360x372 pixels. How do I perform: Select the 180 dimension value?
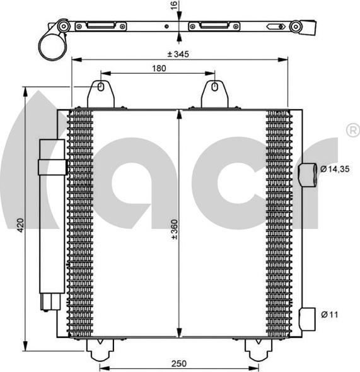(159, 69)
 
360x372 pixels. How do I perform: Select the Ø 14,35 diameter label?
(335, 169)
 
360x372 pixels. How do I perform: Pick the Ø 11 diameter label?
(329, 313)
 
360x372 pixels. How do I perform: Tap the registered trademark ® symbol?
(352, 130)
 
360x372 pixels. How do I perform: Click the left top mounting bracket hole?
(101, 87)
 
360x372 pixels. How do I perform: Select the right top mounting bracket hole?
(214, 87)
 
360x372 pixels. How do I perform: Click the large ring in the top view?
(52, 45)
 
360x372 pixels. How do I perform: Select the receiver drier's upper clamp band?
(52, 166)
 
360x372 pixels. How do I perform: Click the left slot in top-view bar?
(101, 26)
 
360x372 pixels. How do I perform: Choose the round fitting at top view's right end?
(295, 26)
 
